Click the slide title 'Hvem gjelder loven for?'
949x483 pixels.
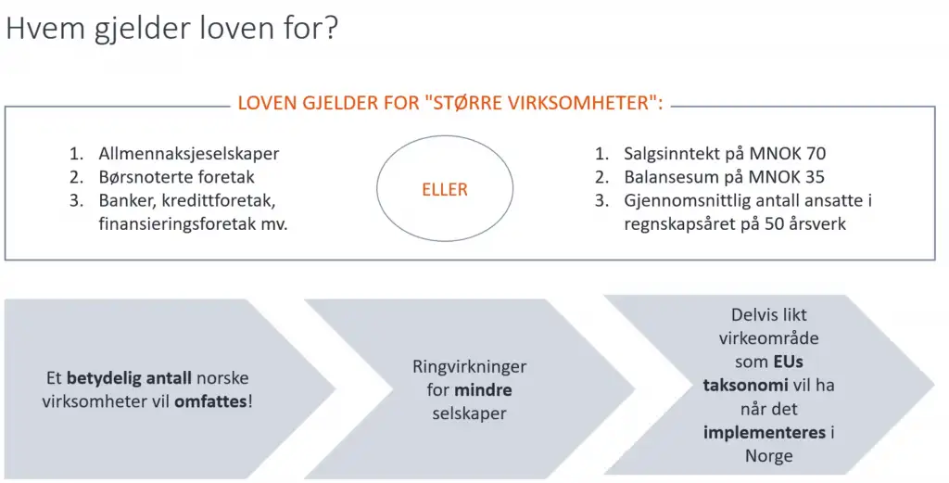tap(171, 29)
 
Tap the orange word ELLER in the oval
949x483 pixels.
tap(445, 189)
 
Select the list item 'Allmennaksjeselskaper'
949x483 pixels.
tap(189, 154)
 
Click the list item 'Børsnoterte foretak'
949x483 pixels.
tap(177, 177)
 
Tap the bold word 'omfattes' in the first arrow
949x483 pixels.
tap(210, 401)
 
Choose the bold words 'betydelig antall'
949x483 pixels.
tap(129, 378)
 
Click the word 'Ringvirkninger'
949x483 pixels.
tap(470, 367)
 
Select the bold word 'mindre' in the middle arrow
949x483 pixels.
tap(483, 390)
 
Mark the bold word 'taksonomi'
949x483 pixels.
tap(746, 385)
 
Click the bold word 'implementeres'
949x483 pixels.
tap(765, 433)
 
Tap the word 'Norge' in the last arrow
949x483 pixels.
tap(768, 456)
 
